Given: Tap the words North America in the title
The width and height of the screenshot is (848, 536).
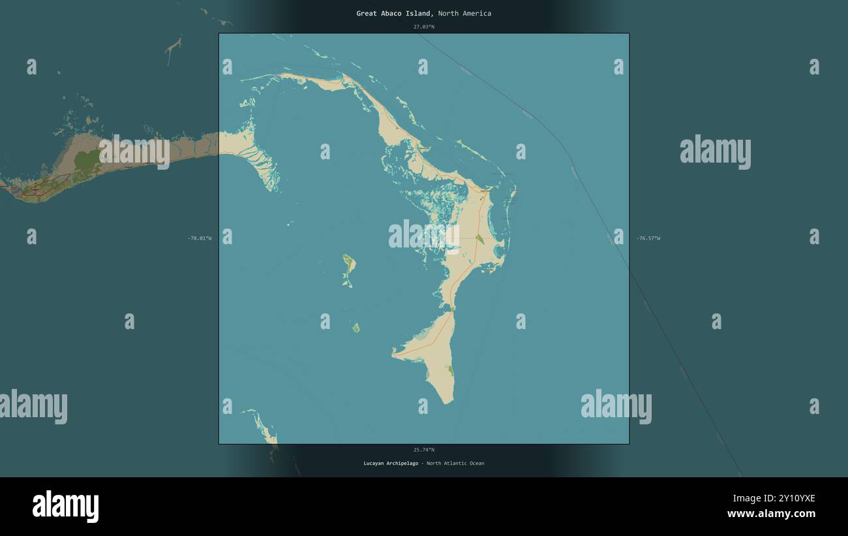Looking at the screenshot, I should (x=464, y=13).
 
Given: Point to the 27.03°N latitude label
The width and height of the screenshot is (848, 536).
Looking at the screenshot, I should (x=423, y=27).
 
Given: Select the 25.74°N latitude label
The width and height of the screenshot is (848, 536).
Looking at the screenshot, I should (x=423, y=450).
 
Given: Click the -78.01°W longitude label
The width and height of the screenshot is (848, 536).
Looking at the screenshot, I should (x=200, y=238).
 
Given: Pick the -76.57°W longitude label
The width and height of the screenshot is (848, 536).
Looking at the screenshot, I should (x=648, y=238).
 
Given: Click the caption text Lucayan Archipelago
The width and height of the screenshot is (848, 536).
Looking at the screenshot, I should (x=391, y=464).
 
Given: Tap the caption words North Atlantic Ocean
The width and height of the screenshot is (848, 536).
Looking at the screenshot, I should (x=455, y=464).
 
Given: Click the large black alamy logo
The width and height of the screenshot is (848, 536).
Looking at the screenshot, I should (x=65, y=507).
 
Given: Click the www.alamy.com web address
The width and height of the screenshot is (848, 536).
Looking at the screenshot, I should (x=771, y=514).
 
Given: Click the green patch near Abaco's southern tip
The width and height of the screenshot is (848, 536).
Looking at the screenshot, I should (x=450, y=371).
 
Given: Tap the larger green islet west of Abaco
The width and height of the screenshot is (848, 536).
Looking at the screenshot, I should (x=349, y=264).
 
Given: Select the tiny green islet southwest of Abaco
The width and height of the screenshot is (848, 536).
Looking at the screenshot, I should (x=356, y=328).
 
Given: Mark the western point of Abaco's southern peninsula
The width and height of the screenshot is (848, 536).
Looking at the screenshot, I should (x=393, y=355).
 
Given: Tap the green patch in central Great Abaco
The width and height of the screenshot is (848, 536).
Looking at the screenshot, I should (x=479, y=239).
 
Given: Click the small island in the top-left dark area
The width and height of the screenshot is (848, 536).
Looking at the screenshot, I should (x=172, y=47).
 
